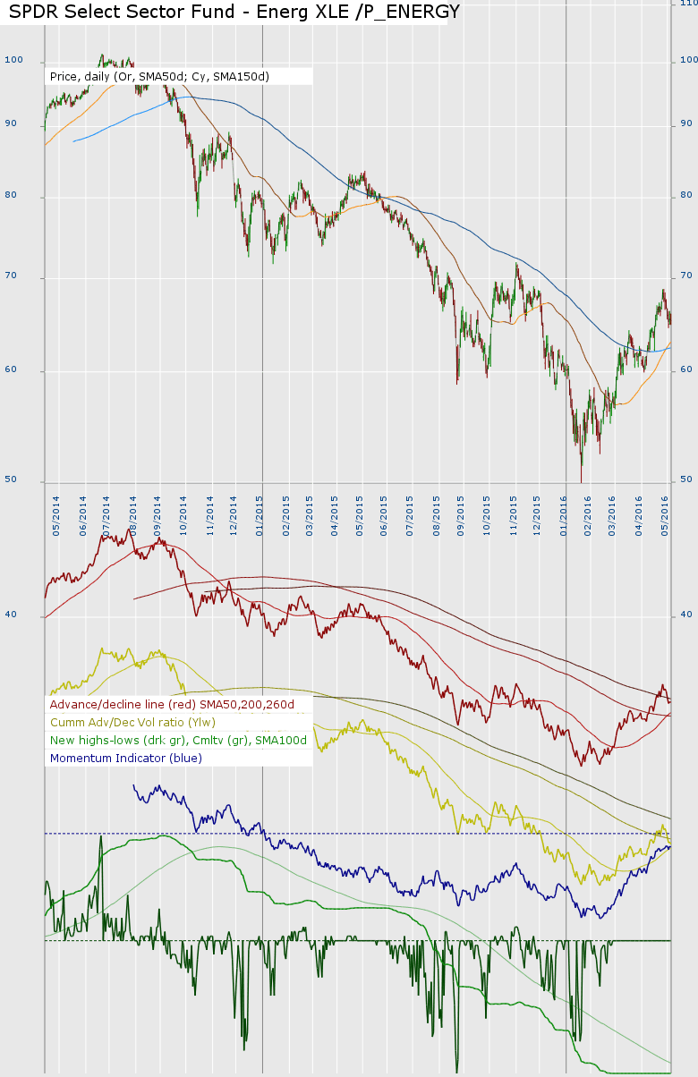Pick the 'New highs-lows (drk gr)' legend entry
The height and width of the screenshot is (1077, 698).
coord(178,741)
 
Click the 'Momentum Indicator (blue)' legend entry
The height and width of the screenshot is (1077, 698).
coord(126,759)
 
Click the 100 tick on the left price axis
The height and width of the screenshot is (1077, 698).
coord(13,60)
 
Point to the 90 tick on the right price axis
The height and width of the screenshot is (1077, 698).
coord(687,123)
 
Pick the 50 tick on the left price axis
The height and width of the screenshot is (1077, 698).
coord(11,479)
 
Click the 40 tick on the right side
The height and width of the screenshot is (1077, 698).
coord(687,615)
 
